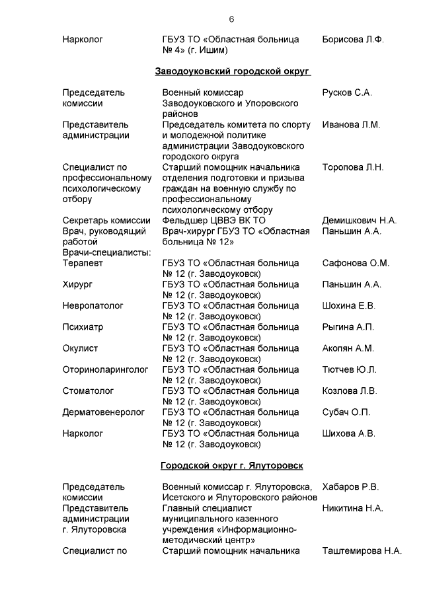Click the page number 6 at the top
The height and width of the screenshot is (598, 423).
coord(231,19)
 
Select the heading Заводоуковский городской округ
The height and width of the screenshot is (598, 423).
coord(232,71)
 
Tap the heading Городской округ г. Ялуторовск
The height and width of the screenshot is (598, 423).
coord(232,466)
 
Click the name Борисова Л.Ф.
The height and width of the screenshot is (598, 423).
coord(353,40)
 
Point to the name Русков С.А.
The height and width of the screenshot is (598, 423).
coord(347,93)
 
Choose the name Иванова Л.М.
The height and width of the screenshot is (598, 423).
coord(350,124)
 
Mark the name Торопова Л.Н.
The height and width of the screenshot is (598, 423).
coord(352,167)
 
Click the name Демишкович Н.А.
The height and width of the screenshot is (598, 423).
coord(359,221)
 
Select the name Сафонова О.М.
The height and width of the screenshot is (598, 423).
coord(356,263)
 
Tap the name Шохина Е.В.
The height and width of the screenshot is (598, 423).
coord(348,305)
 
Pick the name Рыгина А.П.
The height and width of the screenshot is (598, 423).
coord(348,327)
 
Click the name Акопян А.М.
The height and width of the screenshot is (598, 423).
coord(348,348)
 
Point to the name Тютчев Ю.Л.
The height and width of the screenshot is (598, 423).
coord(350,369)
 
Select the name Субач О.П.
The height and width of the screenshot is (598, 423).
coord(346,412)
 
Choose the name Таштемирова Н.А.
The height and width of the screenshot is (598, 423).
coord(362,550)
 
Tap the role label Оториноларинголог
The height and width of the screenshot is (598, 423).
coord(106,369)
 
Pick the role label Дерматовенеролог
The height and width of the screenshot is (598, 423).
coord(103,412)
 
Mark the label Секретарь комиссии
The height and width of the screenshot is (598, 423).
coord(106,221)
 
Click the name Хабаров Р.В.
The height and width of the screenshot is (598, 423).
coord(350,487)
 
